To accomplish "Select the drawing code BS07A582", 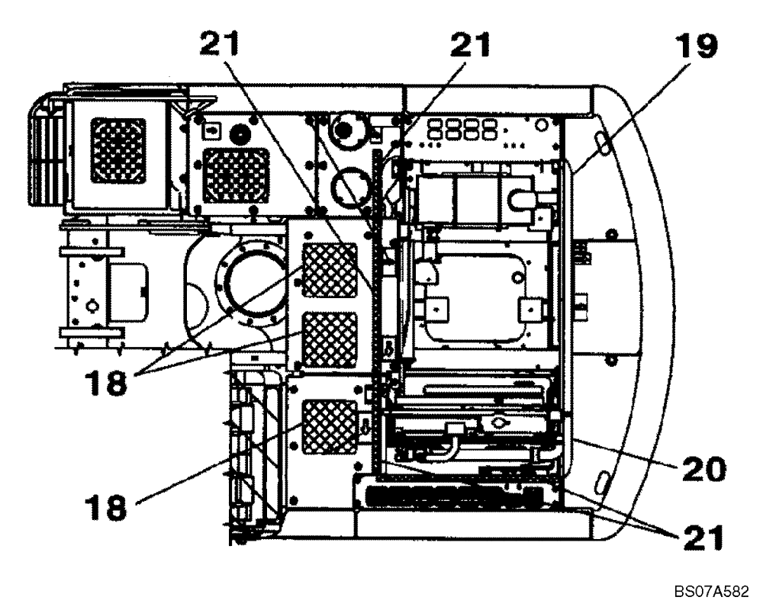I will tap(710, 591).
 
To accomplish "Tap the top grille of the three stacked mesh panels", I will tap(330, 270).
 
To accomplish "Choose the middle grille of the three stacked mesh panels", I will tap(330, 340).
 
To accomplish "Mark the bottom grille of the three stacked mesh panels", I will tap(330, 427).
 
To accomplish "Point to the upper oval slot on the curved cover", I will tap(600, 142).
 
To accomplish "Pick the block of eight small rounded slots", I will tap(457, 127).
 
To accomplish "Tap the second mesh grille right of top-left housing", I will tap(237, 175).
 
